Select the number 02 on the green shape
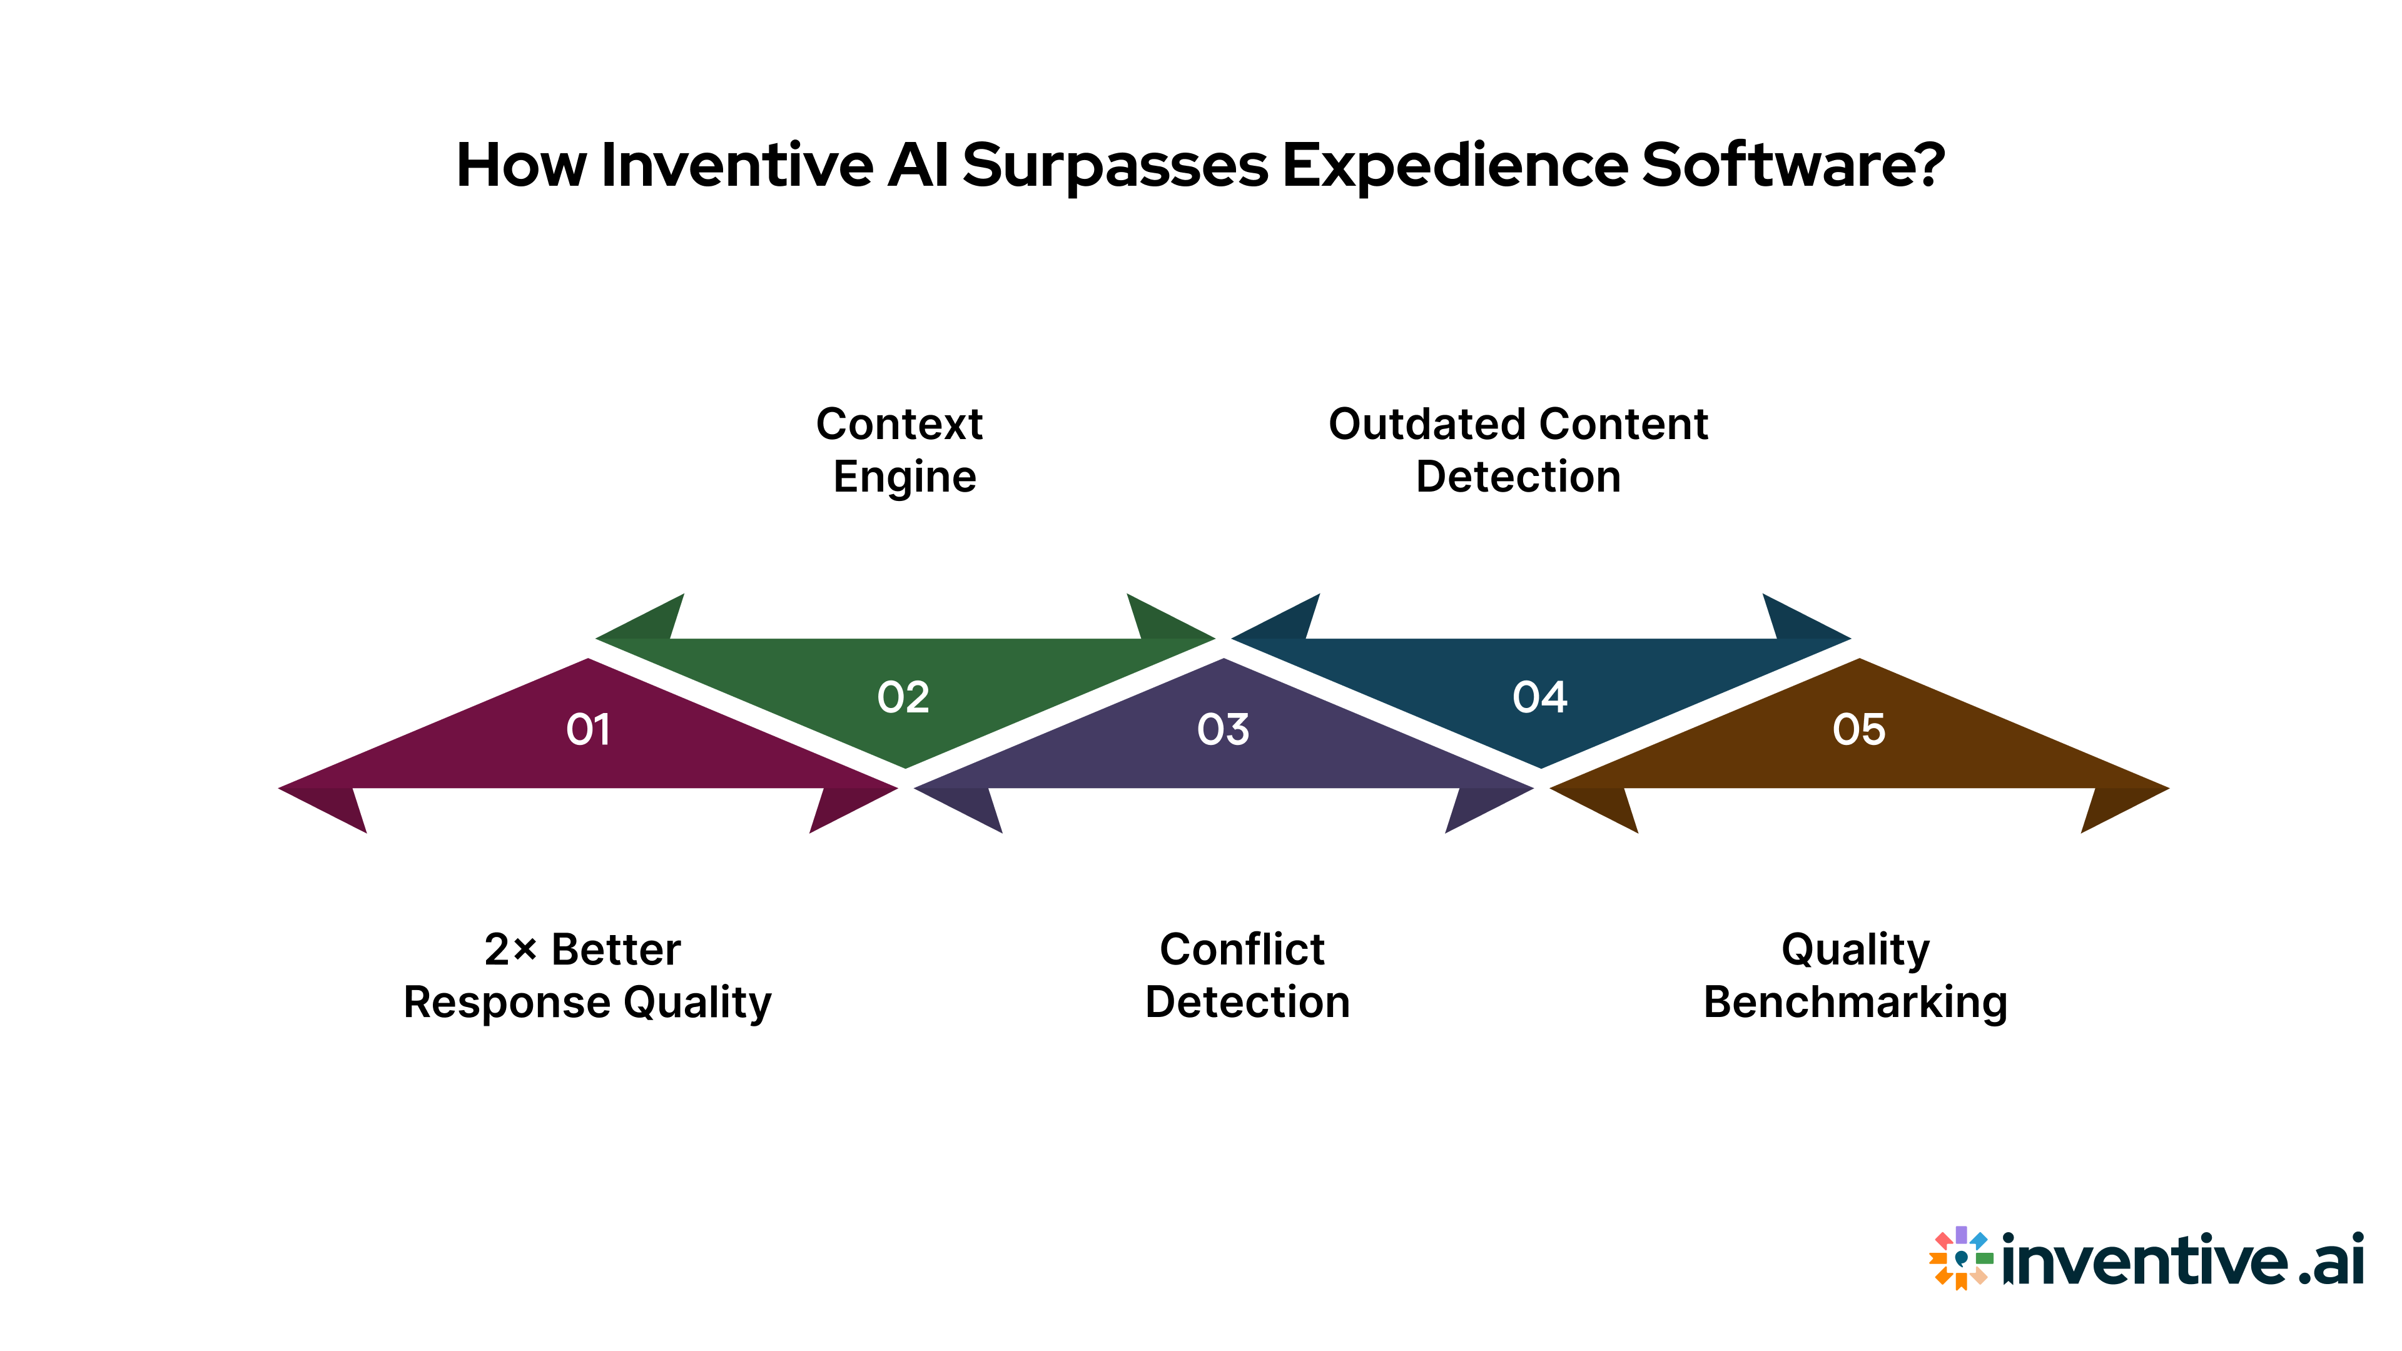903,697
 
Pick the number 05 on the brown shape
1858,729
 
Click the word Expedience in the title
1454,166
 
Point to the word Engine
905,477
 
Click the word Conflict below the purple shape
1242,950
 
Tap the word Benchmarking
1855,1002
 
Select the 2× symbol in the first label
510,950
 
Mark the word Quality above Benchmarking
1855,950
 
